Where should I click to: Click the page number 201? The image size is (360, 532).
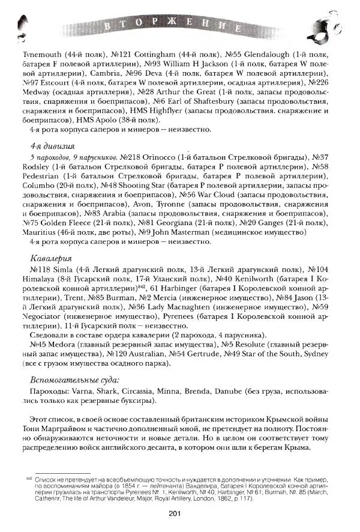180,512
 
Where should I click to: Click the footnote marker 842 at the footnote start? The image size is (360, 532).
28,479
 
